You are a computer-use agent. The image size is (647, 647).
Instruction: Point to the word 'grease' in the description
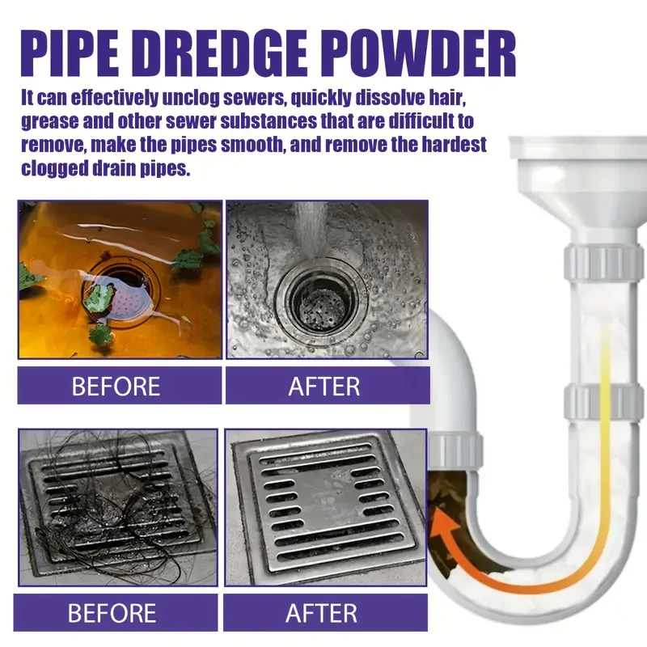[x=54, y=124]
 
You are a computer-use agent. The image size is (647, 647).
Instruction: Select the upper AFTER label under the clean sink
[x=323, y=386]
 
